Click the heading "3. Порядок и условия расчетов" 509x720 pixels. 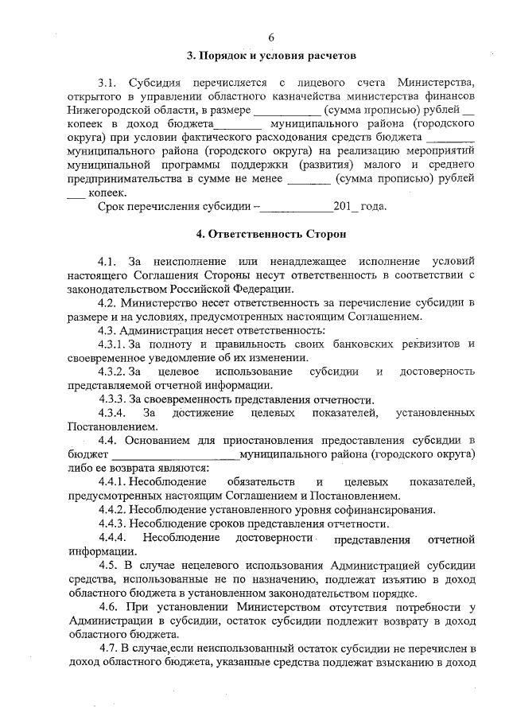(270, 56)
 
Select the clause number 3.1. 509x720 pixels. (107, 82)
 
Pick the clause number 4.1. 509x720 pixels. (107, 260)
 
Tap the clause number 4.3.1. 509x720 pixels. (113, 344)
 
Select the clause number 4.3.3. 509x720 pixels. (113, 399)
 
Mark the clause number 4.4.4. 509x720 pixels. (113, 539)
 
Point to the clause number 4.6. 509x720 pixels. (107, 608)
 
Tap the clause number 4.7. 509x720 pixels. (107, 649)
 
